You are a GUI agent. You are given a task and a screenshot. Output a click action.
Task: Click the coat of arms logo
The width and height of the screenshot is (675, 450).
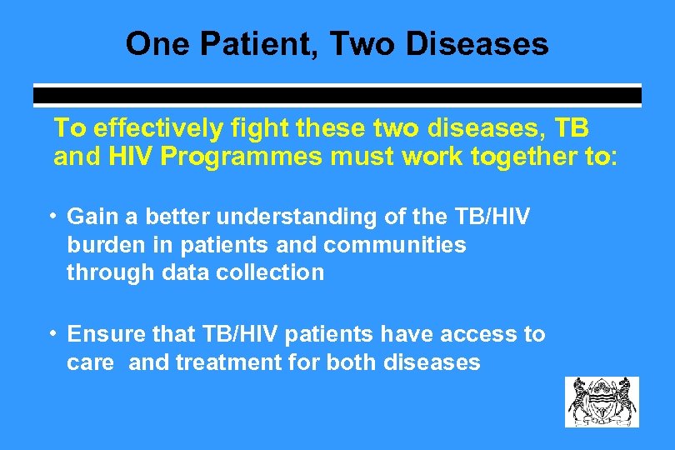click(x=602, y=402)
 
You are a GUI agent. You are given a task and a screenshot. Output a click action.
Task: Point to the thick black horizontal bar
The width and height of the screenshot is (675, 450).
click(x=337, y=96)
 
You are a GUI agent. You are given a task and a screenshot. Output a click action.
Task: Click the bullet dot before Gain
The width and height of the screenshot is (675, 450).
click(x=52, y=217)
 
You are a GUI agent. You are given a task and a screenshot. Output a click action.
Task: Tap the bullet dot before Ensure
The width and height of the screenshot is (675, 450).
click(x=52, y=334)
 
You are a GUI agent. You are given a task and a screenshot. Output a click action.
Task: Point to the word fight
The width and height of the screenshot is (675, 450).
click(x=245, y=128)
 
